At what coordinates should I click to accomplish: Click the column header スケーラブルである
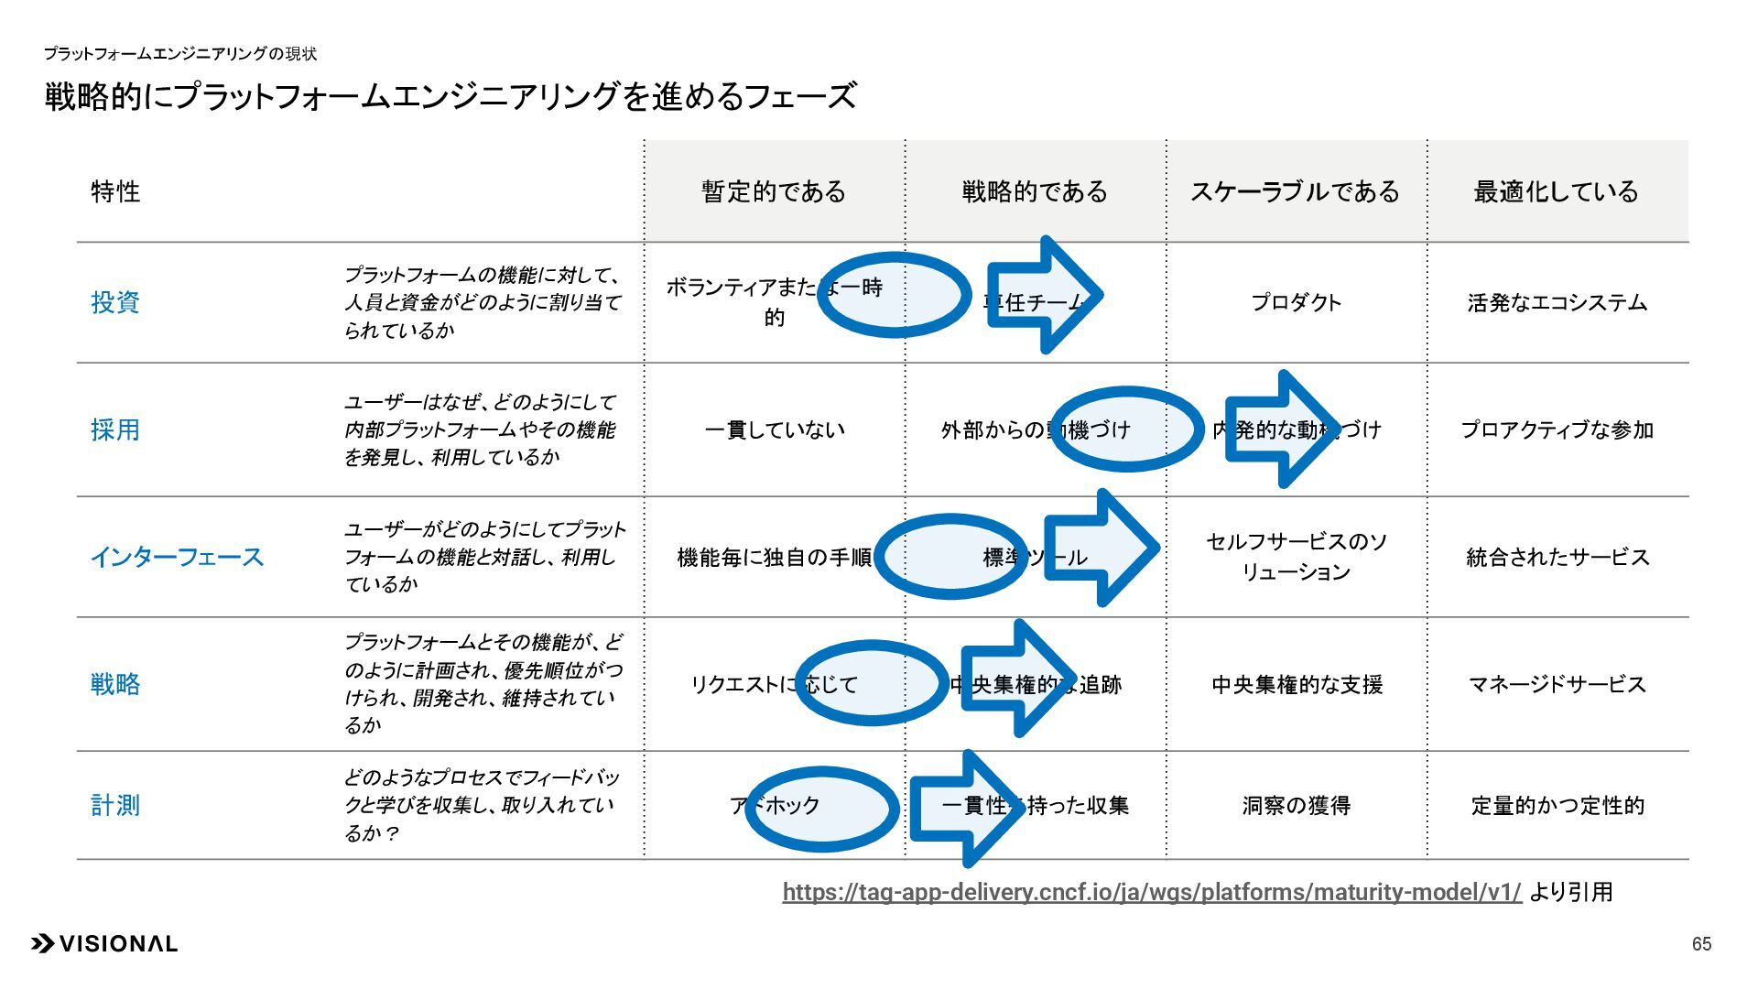(1295, 191)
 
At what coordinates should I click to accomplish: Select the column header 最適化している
(1556, 191)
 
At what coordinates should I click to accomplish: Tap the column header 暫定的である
(774, 191)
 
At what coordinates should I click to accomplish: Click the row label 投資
(115, 302)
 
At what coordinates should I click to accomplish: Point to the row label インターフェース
(177, 557)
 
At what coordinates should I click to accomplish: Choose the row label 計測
(115, 805)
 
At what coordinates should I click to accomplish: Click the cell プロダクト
(1296, 302)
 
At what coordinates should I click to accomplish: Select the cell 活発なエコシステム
(1557, 302)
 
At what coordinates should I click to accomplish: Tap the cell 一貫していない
(774, 429)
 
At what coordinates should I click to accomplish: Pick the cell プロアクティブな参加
(1557, 429)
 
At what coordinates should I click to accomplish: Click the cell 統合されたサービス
(1557, 557)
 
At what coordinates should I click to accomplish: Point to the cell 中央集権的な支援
(1296, 684)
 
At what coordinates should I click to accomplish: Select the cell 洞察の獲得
(1296, 805)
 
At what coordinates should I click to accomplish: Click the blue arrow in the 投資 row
(1044, 295)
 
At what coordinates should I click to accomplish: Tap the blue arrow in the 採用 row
(1282, 429)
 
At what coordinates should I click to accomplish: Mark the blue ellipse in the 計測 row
(821, 809)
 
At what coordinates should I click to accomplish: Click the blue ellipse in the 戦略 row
(871, 683)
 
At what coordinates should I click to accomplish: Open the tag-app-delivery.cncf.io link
(1151, 892)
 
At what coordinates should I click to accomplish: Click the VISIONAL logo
(104, 943)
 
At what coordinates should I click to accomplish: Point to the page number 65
(1701, 944)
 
